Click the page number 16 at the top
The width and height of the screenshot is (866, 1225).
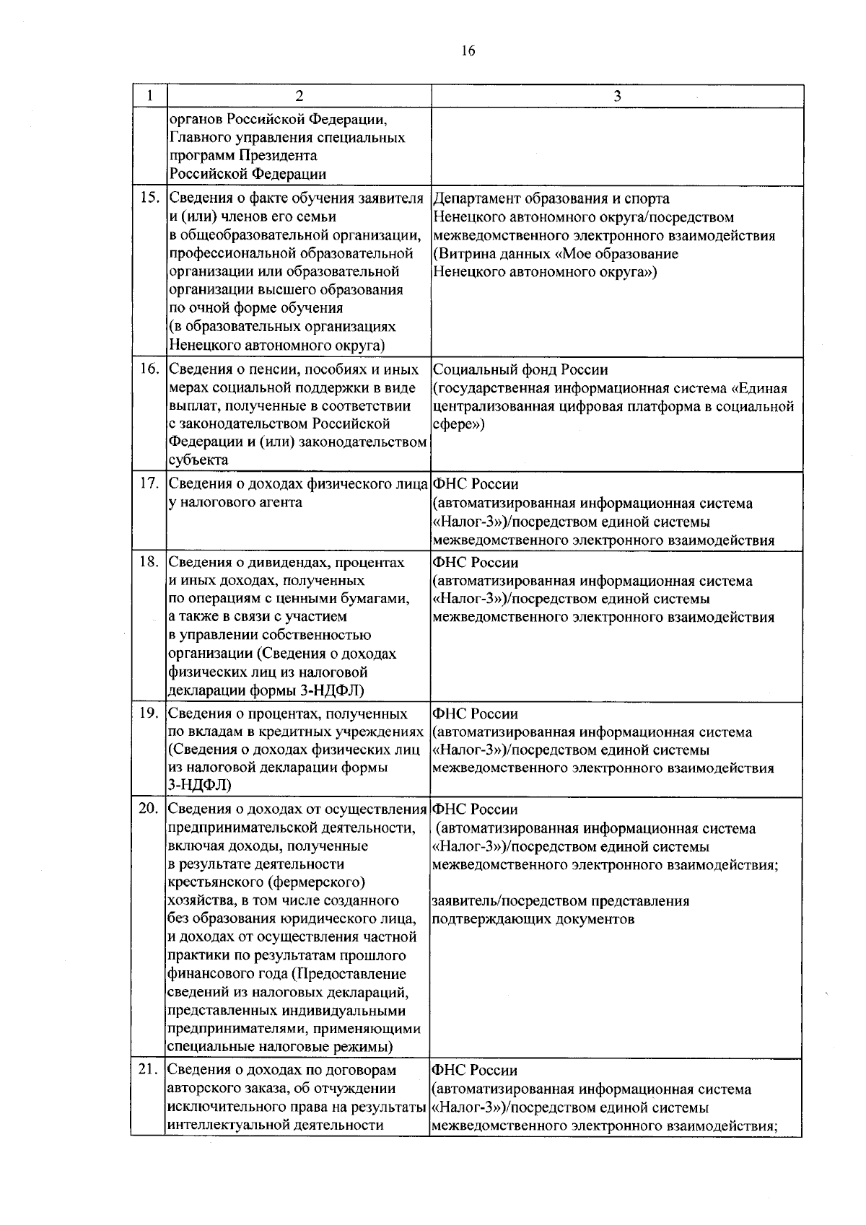click(x=468, y=51)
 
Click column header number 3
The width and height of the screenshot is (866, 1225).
click(x=617, y=97)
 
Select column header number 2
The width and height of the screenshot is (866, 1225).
click(x=299, y=97)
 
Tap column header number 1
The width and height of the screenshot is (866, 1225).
click(x=149, y=97)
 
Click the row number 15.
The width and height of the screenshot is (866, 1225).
click(x=149, y=198)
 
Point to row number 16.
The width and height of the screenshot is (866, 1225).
click(x=149, y=369)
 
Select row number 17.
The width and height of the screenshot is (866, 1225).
click(x=149, y=483)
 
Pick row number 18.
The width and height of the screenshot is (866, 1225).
click(x=149, y=562)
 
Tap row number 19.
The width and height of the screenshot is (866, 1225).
click(x=149, y=714)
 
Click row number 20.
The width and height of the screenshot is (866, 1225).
click(x=149, y=809)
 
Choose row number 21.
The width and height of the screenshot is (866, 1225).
click(x=149, y=1070)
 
